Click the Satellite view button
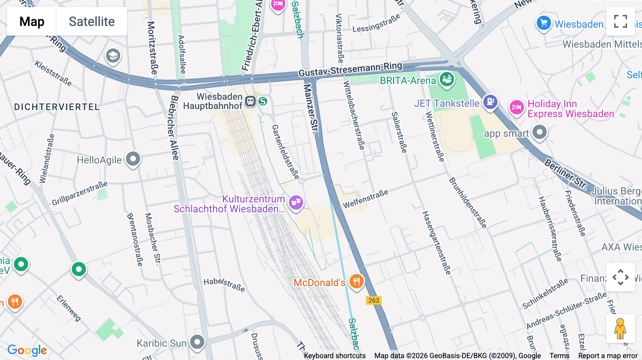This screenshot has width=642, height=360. tap(92, 21)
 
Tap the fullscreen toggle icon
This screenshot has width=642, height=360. tap(620, 21)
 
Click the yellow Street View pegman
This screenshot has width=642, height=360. tap(620, 329)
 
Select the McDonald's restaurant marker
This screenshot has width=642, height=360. tap(356, 282)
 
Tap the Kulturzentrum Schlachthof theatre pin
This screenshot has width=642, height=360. tap(296, 202)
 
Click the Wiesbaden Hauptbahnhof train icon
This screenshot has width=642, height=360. tap(250, 102)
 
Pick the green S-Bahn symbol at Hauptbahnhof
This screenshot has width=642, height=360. tap(263, 102)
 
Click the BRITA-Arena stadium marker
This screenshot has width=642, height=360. tap(447, 79)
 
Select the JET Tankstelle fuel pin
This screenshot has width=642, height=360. tap(490, 102)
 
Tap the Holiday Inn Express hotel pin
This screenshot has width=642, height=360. tap(516, 107)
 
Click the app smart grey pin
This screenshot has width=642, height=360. tap(539, 132)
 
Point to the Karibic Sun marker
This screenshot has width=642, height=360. tap(197, 342)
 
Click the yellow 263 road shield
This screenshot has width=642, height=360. tap(373, 300)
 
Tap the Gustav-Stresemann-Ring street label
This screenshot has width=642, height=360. tap(350, 70)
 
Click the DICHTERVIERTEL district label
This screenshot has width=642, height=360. tap(57, 107)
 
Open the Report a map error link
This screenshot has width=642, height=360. tap(608, 356)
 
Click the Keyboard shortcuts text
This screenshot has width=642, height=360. tap(335, 356)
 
